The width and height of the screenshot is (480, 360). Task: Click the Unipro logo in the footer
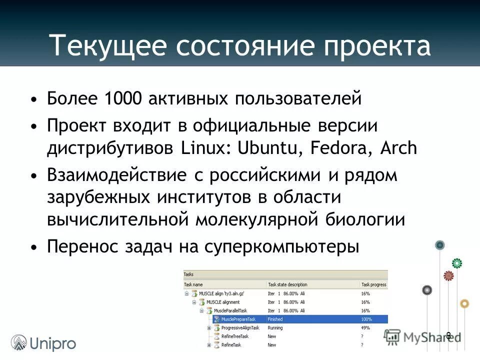(44, 343)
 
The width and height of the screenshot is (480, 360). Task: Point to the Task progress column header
(373, 284)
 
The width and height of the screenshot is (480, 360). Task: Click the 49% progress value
(365, 328)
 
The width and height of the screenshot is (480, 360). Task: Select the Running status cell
(275, 328)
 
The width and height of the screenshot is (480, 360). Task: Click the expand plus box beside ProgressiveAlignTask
(209, 328)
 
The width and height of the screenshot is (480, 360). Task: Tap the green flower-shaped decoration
(457, 263)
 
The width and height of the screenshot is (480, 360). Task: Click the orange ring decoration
(464, 303)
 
